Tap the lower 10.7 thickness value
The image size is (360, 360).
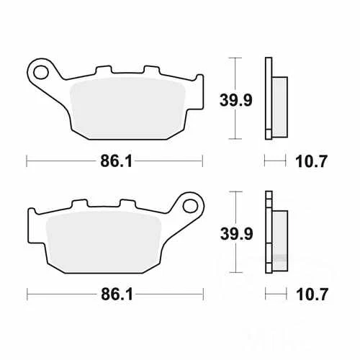click(312, 294)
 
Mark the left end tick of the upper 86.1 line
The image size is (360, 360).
click(27, 161)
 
